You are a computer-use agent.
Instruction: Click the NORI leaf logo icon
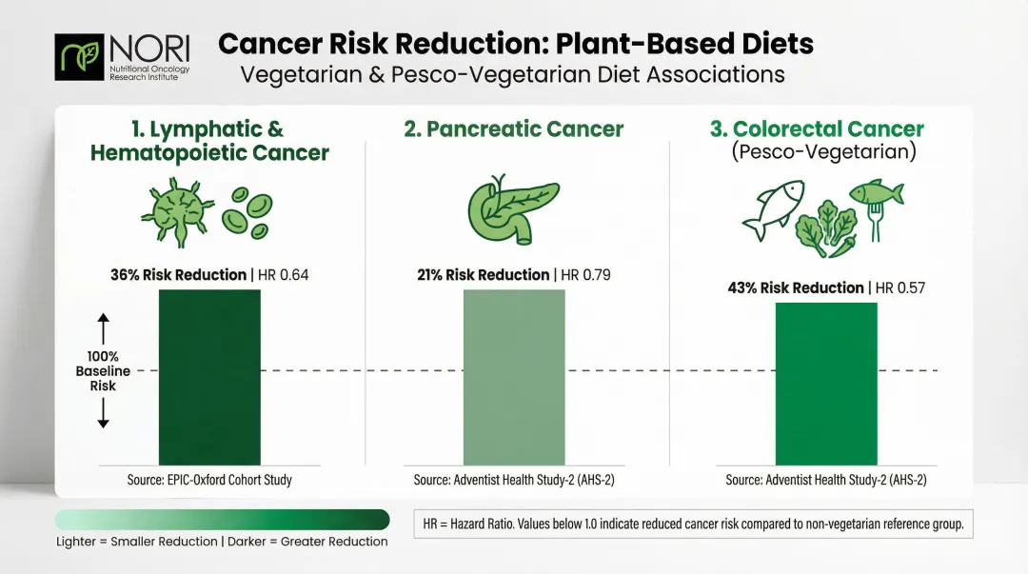80,57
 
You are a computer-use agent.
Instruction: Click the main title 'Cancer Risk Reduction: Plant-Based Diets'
515,44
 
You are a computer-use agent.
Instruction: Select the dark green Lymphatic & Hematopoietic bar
209,377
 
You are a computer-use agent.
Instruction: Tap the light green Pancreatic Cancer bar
514,377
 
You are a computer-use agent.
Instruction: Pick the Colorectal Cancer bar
826,384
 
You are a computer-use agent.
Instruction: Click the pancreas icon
514,209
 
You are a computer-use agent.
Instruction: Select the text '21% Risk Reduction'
484,275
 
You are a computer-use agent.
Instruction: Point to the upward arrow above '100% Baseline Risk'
104,329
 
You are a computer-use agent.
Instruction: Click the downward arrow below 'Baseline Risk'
104,412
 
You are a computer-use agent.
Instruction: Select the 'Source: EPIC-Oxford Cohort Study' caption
209,480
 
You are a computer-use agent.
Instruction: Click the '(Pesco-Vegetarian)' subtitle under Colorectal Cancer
824,152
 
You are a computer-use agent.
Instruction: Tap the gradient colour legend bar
222,519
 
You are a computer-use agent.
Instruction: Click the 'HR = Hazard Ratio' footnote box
694,524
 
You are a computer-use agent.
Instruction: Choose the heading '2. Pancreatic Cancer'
514,129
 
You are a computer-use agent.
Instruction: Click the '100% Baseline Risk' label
103,371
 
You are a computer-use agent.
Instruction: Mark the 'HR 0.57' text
899,288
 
